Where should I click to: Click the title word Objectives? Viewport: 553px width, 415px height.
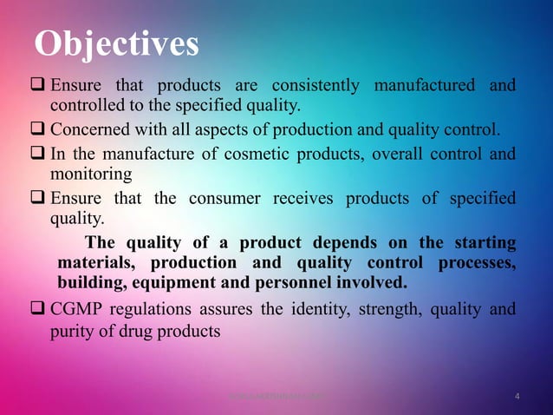click(x=117, y=44)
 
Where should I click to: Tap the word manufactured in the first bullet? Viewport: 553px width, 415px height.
click(x=424, y=86)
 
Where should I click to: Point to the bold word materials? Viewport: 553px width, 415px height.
click(x=94, y=262)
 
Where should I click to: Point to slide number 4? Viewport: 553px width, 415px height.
click(x=517, y=398)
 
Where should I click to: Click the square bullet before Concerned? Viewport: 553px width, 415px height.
click(x=40, y=131)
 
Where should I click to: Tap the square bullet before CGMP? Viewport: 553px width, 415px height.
click(x=40, y=309)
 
